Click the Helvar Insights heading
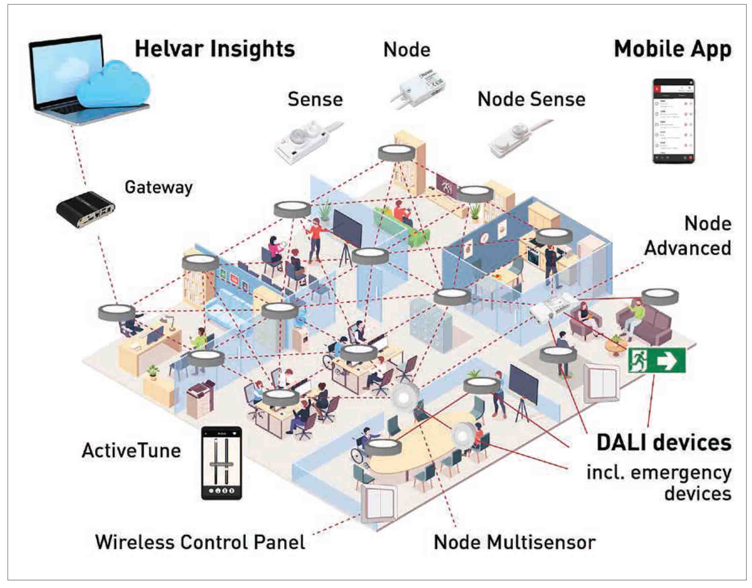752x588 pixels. [215, 49]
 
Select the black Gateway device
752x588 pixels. [85, 209]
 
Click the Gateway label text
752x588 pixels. [158, 188]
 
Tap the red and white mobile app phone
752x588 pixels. [674, 121]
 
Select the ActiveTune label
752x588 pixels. [131, 450]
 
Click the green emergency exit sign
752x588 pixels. [656, 361]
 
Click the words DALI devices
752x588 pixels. [664, 443]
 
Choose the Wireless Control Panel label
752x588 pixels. [200, 542]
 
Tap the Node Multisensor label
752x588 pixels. [515, 543]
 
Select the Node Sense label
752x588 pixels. [531, 100]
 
